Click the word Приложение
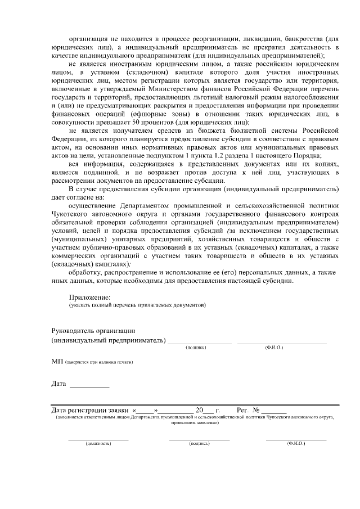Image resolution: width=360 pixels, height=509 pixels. [x=89, y=296]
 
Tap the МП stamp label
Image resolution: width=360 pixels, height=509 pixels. [x=56, y=362]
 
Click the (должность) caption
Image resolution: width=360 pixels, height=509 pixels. [x=98, y=444]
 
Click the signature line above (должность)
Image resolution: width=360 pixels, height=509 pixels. [x=98, y=439]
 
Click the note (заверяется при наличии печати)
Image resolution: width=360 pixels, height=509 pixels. [x=99, y=363]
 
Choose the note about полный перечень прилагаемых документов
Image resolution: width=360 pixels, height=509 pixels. [x=137, y=305]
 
